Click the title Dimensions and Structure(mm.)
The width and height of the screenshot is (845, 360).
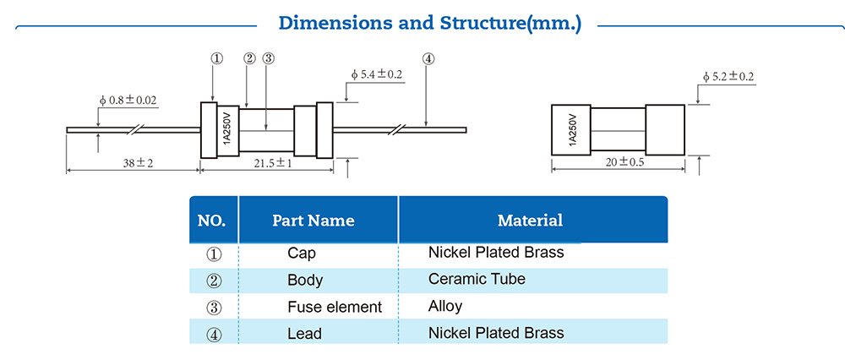point(430,23)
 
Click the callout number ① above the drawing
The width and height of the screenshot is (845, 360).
point(216,58)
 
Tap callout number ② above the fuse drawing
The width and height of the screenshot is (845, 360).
point(249,58)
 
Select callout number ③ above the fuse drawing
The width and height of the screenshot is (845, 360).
point(268,58)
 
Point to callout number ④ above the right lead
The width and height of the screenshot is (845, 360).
point(428,58)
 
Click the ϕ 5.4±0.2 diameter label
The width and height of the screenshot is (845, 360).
point(376,74)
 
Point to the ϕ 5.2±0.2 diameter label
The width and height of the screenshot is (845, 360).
point(728,77)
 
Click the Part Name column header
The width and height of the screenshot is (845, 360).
point(313,221)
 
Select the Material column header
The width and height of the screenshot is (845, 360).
point(530,221)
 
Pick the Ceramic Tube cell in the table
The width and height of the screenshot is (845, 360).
point(477,279)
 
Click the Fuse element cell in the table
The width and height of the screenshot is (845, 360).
point(335,307)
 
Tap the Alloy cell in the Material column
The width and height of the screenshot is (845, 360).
point(445,306)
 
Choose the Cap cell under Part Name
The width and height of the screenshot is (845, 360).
point(301,253)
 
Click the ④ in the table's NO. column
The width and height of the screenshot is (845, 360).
point(214,334)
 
